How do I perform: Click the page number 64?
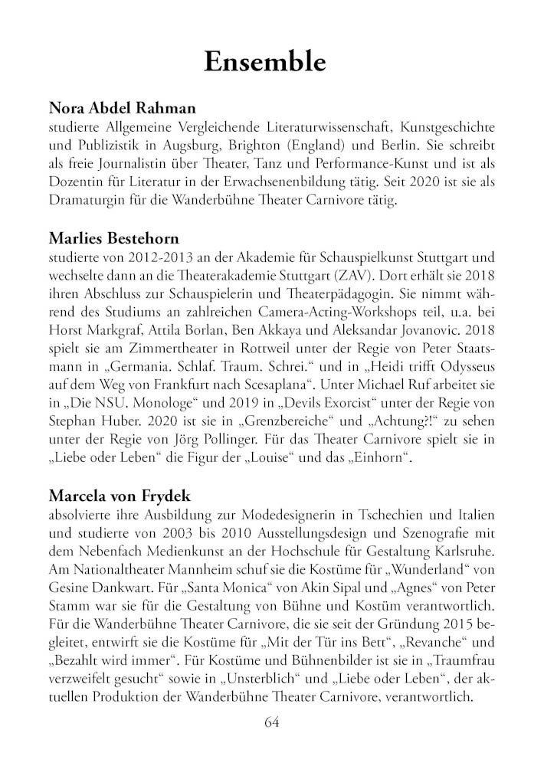pos(272,722)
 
